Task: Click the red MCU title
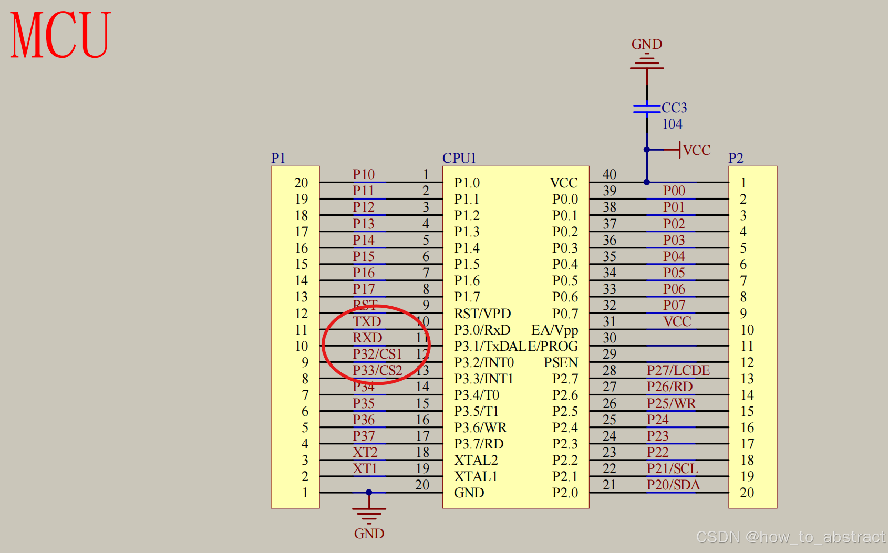(x=60, y=35)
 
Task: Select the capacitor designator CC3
(x=674, y=108)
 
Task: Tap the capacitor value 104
(x=672, y=124)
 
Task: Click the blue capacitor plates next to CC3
(x=647, y=108)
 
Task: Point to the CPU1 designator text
(x=459, y=158)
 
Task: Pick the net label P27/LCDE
(x=678, y=370)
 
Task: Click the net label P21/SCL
(x=672, y=468)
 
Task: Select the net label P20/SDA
(x=673, y=485)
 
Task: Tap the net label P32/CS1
(x=377, y=354)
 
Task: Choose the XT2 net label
(x=365, y=452)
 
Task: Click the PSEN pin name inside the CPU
(x=561, y=362)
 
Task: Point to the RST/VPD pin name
(x=482, y=314)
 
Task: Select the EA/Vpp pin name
(x=554, y=330)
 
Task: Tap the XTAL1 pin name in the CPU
(x=476, y=476)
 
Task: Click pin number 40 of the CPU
(x=610, y=174)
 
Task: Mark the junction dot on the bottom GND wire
(x=369, y=493)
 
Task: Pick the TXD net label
(x=367, y=321)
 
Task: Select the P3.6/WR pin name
(x=480, y=427)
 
